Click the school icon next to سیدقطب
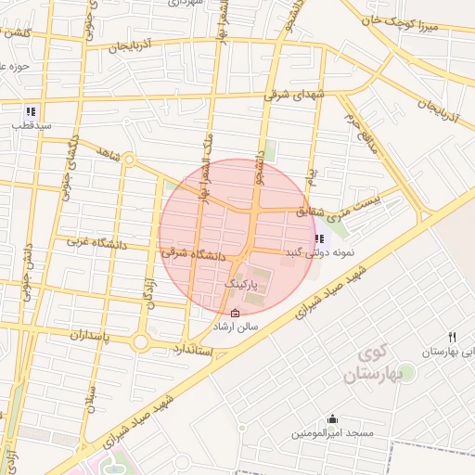pos(31,110)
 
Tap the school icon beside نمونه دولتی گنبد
pos(320,238)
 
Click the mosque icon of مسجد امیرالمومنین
pos(332,419)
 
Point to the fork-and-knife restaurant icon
pos(453,337)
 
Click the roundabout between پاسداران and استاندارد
pos(141,343)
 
